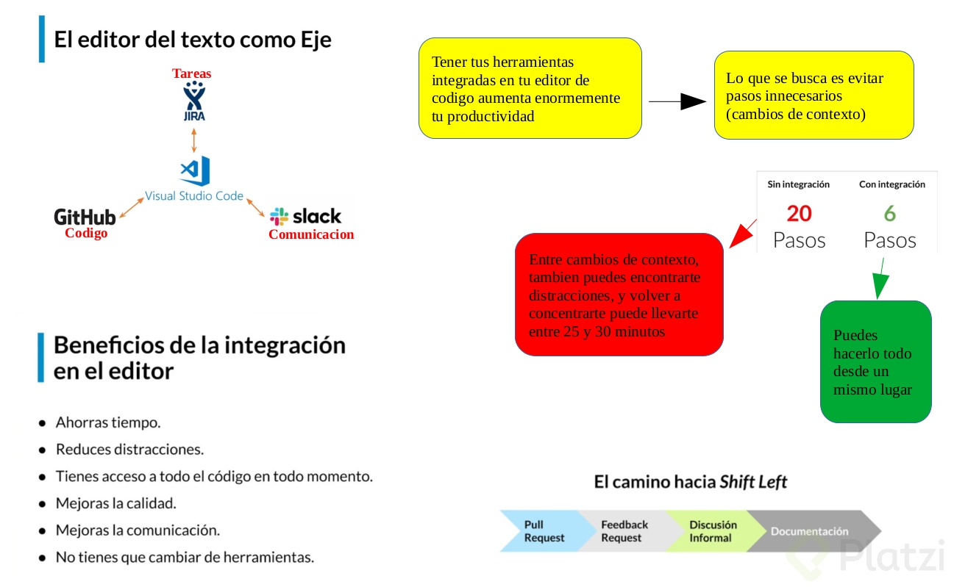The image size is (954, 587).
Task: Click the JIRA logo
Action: coord(194,101)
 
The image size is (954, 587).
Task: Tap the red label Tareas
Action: coord(192,73)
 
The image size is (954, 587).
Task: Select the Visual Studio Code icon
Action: coord(195,170)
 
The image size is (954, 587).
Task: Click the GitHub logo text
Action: coord(85,217)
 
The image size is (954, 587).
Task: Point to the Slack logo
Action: coord(305,216)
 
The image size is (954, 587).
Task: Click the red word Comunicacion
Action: coord(311,235)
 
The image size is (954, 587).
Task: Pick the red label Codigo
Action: coord(86,234)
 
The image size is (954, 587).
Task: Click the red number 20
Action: coord(800,214)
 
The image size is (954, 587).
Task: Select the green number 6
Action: coord(890,214)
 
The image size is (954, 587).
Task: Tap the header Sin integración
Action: coord(799,185)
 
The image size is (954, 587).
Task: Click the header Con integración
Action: coord(892,185)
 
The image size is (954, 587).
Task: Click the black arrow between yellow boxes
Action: coord(677,102)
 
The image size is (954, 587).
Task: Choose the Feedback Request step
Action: coord(624,531)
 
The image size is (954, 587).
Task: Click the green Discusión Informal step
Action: coord(711,531)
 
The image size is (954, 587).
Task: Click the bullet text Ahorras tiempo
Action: coord(108,422)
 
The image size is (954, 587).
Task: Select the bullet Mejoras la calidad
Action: coord(116,504)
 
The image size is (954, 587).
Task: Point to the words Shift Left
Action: coord(753,483)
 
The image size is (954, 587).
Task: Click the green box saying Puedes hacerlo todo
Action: coord(875,362)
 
